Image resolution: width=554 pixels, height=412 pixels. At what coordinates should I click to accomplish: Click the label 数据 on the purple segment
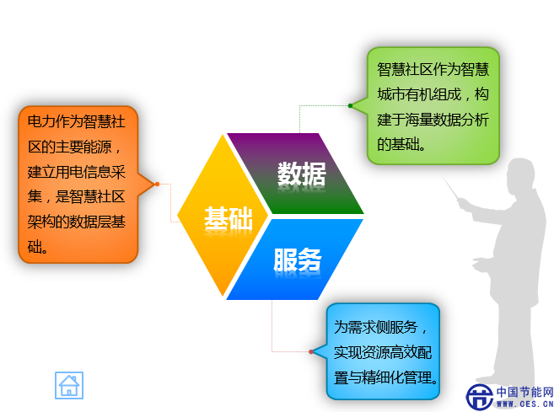301,174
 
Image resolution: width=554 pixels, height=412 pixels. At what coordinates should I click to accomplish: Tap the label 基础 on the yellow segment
229,218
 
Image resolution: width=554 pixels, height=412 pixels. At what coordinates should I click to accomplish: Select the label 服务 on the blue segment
298,260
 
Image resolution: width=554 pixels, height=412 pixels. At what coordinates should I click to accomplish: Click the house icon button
69,385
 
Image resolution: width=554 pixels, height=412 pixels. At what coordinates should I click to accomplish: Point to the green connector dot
350,105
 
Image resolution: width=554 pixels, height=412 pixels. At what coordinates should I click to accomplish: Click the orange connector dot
157,184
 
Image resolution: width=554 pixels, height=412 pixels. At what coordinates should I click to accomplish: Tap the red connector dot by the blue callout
311,351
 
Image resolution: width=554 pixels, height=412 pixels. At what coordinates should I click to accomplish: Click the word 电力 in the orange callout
41,121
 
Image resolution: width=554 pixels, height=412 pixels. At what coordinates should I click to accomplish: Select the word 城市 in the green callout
391,94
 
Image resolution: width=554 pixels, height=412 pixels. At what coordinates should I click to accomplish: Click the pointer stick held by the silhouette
450,188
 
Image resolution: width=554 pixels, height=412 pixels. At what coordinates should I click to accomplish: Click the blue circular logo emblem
480,397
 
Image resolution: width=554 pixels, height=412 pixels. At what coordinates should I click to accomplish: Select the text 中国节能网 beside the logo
525,392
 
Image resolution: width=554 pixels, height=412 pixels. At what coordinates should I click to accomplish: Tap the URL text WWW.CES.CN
525,404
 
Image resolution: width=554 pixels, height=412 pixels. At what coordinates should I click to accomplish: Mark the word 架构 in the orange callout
41,222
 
